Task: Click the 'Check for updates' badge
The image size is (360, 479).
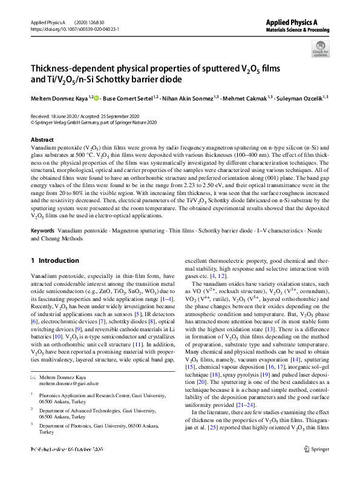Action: coord(321,48)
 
